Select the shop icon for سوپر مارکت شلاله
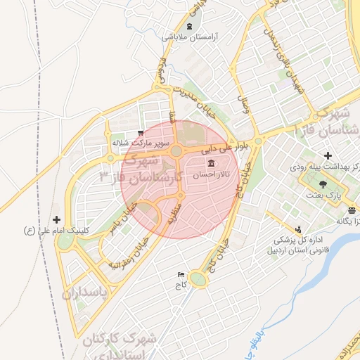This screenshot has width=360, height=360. (x=141, y=132)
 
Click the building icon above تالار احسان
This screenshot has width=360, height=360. (x=212, y=162)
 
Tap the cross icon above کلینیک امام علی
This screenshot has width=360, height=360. (x=57, y=219)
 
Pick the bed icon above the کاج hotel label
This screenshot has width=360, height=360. (x=181, y=275)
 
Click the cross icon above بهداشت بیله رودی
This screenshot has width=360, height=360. (x=327, y=155)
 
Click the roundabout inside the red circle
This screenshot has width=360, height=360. (x=176, y=151)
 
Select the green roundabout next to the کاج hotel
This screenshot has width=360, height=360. (x=199, y=281)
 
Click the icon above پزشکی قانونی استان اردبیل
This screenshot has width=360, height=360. (x=299, y=229)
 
